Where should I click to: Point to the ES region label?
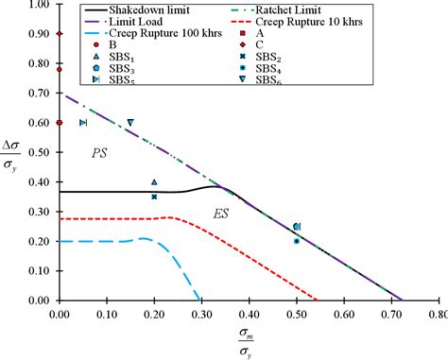click(x=219, y=214)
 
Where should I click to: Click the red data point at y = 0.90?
click(x=59, y=34)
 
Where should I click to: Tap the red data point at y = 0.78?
click(x=59, y=69)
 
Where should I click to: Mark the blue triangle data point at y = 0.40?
click(x=154, y=182)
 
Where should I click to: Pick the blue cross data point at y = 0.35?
click(x=154, y=197)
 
